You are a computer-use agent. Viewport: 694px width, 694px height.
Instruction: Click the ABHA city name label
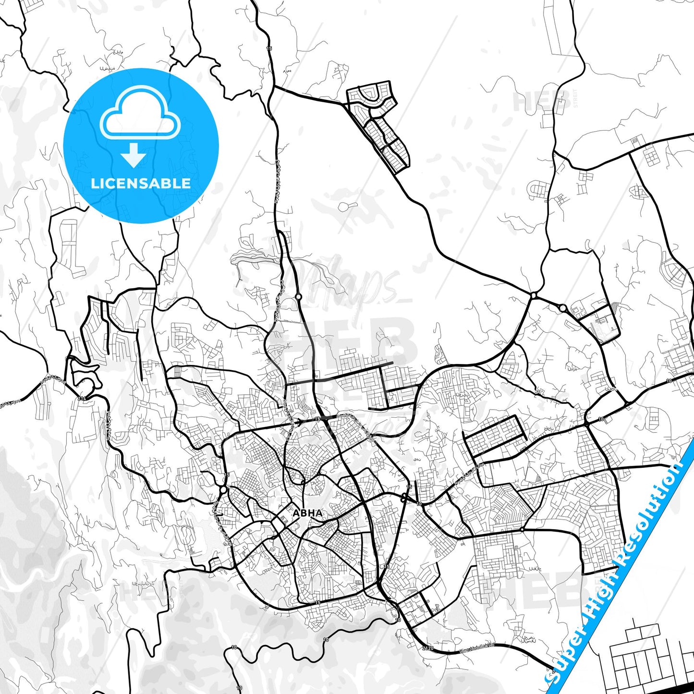click(308, 513)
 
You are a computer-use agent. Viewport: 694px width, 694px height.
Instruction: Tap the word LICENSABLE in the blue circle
click(141, 183)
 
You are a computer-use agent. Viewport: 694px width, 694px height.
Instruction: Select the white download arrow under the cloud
click(134, 155)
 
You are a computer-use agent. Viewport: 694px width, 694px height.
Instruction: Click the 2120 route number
click(428, 648)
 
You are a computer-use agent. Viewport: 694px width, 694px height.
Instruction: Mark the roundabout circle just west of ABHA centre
click(224, 490)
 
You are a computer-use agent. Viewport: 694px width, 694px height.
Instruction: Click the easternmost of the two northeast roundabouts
click(562, 308)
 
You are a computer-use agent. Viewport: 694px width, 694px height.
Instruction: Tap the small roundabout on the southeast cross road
click(522, 530)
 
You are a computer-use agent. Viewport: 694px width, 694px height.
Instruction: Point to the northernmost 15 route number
click(269, 49)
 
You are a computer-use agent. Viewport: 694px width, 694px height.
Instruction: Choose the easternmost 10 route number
click(669, 381)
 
